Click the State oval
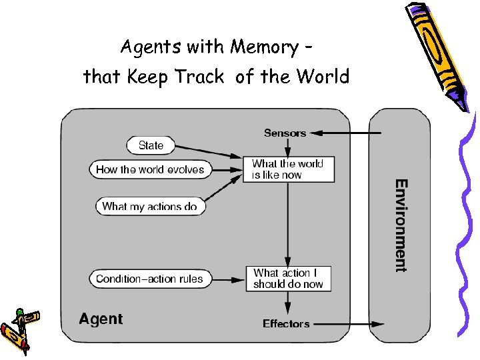(151, 145)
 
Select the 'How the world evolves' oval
(150, 169)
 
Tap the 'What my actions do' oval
(150, 207)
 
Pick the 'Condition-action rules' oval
(149, 279)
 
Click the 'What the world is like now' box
(287, 169)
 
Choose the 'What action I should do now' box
(287, 279)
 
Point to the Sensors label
(285, 133)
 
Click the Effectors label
(286, 324)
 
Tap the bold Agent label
(101, 319)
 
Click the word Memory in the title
(264, 47)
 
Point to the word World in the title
(323, 77)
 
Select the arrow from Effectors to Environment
(347, 324)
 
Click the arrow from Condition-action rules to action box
(226, 279)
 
